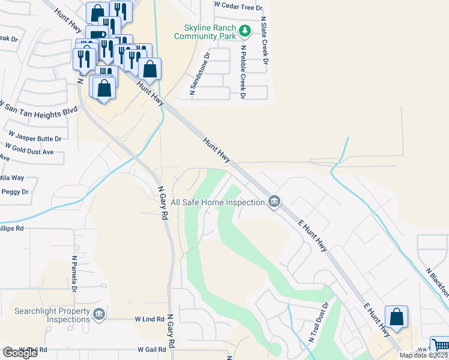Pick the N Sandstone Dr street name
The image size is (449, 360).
200,74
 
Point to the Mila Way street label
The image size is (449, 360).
12,178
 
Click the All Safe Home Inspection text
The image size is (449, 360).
218,203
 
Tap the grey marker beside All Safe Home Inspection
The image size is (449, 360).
274,201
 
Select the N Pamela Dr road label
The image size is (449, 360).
74,273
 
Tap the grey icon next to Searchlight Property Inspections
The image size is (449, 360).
99,313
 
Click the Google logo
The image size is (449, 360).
20,353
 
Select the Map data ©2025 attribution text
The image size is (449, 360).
423,355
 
